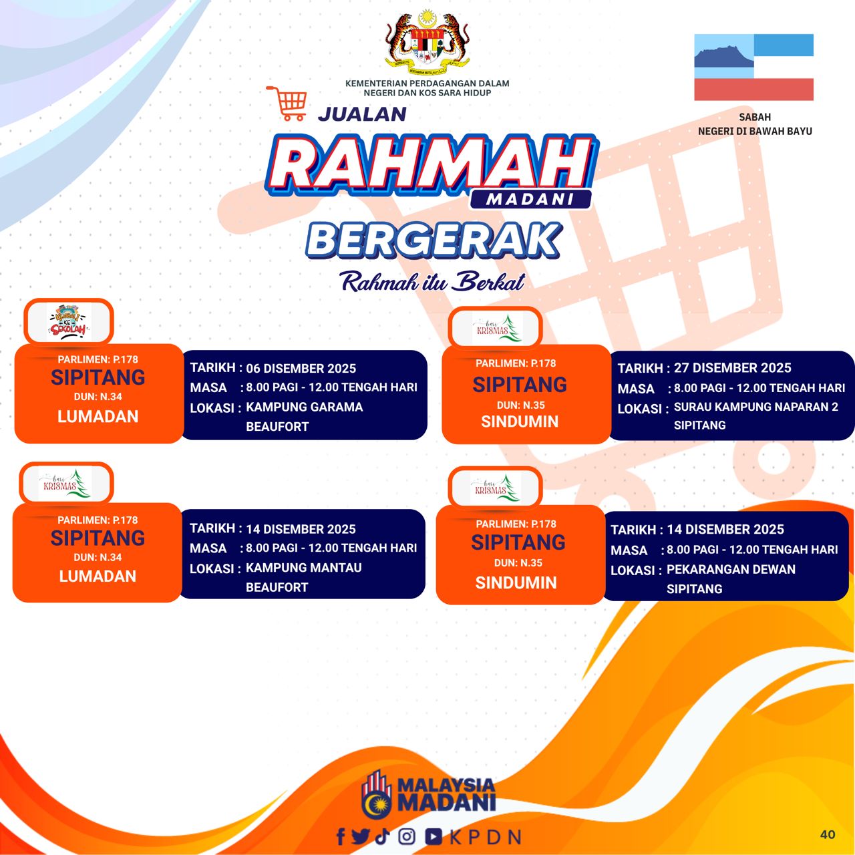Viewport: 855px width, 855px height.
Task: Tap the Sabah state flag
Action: (753, 67)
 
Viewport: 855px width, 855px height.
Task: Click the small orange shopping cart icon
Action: (287, 104)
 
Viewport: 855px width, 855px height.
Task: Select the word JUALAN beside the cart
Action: (362, 114)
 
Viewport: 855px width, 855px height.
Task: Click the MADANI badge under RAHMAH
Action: (530, 199)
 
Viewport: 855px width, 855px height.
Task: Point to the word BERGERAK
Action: (433, 240)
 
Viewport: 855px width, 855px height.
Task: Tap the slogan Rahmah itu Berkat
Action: (432, 281)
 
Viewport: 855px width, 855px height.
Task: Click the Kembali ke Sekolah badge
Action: (69, 322)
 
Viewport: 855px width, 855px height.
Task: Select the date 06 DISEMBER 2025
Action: (301, 368)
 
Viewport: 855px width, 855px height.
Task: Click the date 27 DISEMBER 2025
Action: (733, 368)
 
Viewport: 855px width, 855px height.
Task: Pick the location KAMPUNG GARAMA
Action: (305, 407)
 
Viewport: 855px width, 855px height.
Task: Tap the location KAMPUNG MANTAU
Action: (303, 568)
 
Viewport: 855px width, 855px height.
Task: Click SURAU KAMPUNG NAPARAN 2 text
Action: (755, 407)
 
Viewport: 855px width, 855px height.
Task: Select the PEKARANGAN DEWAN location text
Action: (731, 569)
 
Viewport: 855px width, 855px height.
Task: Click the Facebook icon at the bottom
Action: (340, 836)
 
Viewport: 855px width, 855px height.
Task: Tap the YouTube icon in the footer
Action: (434, 836)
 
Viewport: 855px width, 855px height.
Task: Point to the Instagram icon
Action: (406, 836)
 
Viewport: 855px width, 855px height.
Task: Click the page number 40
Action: (828, 834)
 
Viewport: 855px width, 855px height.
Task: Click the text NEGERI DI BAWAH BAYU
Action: (755, 132)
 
